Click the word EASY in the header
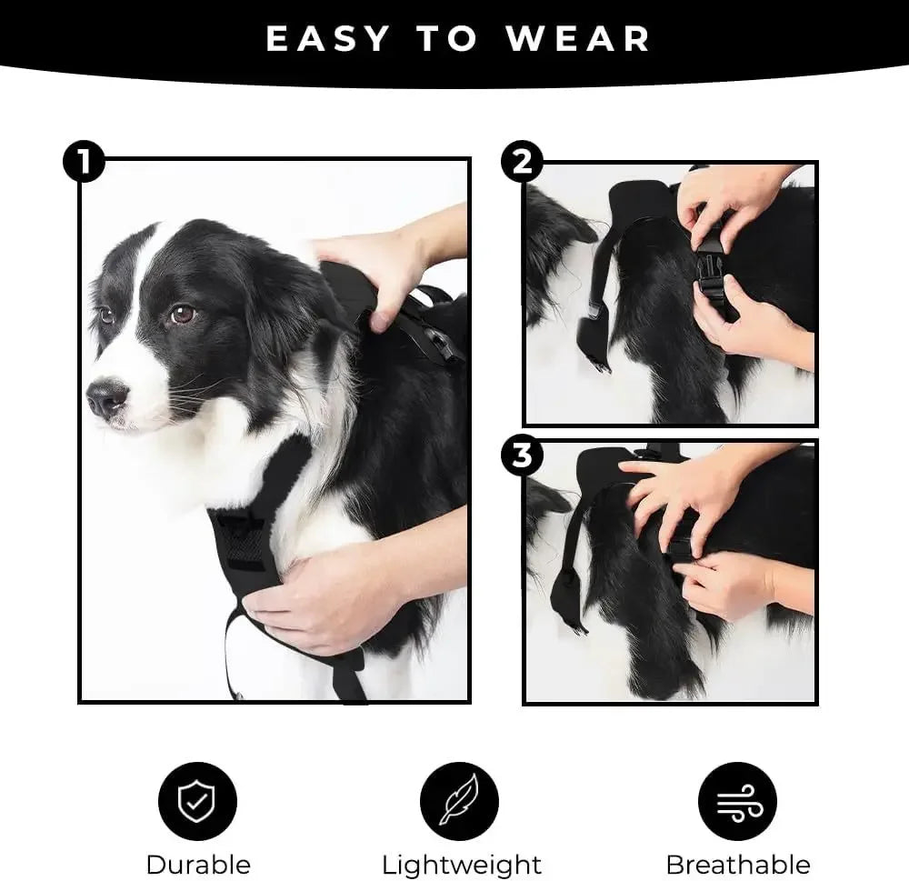point(328,39)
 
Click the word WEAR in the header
point(579,39)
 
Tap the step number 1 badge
point(84,164)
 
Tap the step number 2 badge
point(522,164)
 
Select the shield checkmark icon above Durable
point(197,800)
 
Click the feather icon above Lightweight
point(459,800)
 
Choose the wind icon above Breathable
point(737,800)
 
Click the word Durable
point(197,864)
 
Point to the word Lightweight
point(461,864)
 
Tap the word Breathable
point(737,864)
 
